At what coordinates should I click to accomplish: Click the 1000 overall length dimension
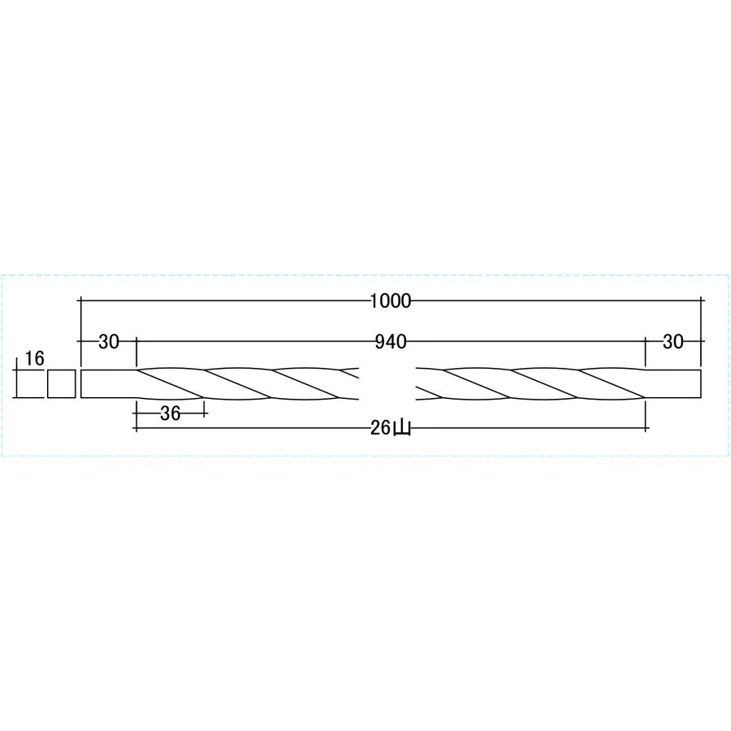point(391,301)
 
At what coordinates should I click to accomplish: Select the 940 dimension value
point(391,342)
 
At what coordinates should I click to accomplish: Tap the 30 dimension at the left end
point(109,342)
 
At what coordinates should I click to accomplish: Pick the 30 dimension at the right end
point(673,342)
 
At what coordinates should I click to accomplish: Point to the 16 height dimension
point(34,359)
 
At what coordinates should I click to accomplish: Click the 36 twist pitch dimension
point(170,413)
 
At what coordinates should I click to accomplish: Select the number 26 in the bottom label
point(381,428)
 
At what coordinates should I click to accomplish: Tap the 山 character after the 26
point(402,428)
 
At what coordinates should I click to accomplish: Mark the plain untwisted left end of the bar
point(109,384)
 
